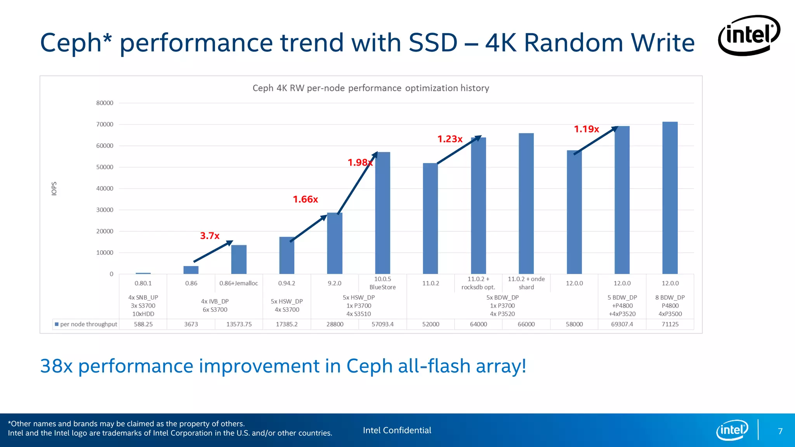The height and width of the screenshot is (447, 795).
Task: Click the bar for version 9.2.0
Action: tap(335, 243)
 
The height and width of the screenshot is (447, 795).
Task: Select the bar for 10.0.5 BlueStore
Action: tap(382, 213)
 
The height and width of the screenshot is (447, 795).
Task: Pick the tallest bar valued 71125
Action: tap(670, 198)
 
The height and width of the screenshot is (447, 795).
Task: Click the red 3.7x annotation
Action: tap(210, 236)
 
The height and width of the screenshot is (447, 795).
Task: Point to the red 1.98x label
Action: tap(360, 163)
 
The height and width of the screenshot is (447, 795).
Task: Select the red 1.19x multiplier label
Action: tap(586, 129)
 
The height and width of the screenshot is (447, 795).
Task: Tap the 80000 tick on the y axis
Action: tap(105, 103)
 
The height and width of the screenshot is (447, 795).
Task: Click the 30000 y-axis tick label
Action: tap(105, 210)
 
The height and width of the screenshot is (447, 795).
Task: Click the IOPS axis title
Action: tap(54, 189)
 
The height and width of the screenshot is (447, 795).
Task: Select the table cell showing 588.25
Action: tap(143, 324)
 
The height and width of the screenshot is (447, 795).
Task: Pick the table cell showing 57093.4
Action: tap(382, 324)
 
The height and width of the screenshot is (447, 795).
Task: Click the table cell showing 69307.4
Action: tap(622, 324)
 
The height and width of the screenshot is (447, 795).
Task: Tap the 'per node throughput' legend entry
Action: tap(86, 324)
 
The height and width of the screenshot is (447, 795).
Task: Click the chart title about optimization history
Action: tap(371, 88)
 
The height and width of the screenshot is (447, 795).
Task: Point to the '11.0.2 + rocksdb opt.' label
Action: tap(478, 283)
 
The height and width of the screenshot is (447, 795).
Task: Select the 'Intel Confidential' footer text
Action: tap(397, 430)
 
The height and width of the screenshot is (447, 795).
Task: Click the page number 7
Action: tap(780, 431)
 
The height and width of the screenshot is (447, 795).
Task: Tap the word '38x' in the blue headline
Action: tap(56, 366)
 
